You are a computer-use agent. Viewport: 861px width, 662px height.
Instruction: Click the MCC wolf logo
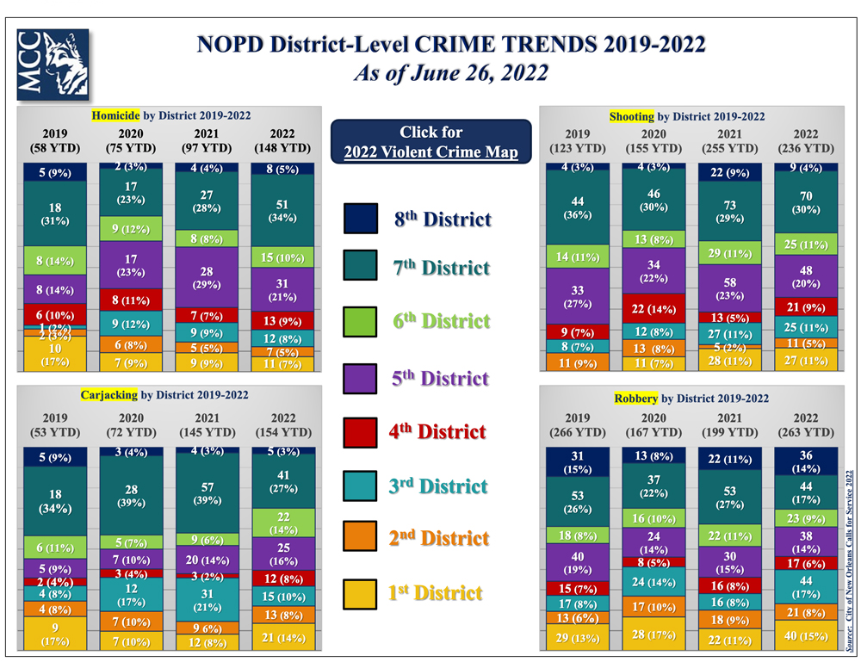[53, 65]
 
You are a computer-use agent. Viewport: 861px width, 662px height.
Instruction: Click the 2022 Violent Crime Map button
[430, 142]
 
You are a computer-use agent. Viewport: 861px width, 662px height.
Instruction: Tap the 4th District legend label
[438, 431]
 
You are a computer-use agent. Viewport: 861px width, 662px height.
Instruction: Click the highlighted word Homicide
[116, 114]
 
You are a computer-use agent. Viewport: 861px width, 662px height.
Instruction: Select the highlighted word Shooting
[632, 116]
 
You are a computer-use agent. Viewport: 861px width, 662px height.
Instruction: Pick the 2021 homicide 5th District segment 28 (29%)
[207, 277]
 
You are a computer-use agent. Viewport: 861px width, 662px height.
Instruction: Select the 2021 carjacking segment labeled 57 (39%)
[207, 493]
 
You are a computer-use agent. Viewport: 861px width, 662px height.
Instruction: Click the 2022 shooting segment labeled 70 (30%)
[805, 201]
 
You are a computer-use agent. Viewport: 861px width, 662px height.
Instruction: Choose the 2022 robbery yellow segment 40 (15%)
[805, 636]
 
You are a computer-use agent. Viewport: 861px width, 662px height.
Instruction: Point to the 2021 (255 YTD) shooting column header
[729, 141]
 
